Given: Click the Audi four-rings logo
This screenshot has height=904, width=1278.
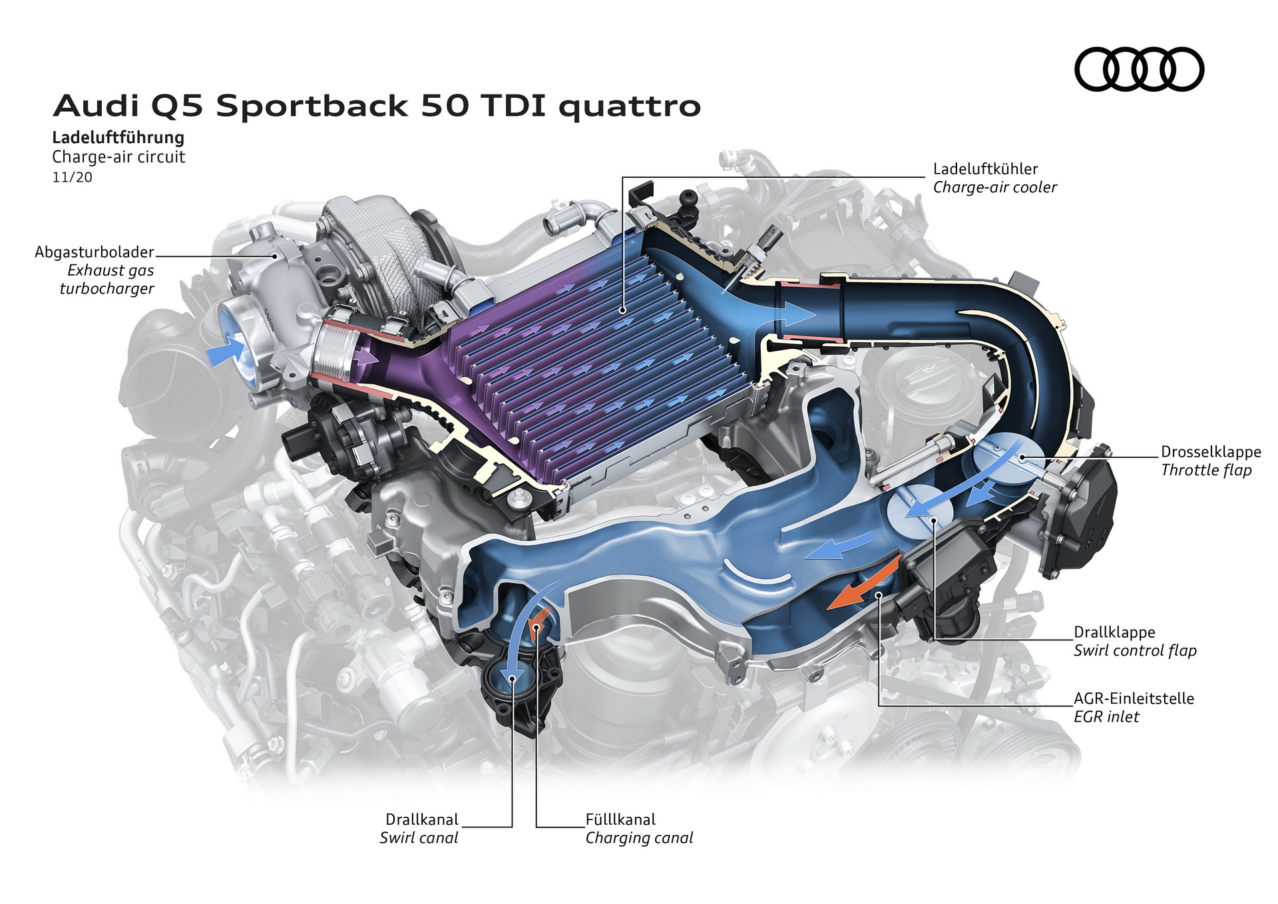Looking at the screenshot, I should pos(1139,69).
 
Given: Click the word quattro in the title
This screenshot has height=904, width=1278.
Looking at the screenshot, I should pos(629,107).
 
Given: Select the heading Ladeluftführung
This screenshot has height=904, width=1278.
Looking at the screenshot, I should pos(118,138).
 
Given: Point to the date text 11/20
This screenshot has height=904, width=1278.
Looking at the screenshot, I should pos(73,177).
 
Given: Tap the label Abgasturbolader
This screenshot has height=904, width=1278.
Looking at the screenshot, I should pos(95,252).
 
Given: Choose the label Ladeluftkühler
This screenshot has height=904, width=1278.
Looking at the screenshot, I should pos(985,169).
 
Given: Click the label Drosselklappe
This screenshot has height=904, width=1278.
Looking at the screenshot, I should pos(1211,452).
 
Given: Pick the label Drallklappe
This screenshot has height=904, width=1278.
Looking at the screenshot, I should pos(1114,632).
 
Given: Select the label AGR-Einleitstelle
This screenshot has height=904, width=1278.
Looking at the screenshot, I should pos(1134,698).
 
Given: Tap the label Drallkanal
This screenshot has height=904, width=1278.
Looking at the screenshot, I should pos(422,819).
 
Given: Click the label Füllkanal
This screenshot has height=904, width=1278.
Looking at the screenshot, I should pos(620,819).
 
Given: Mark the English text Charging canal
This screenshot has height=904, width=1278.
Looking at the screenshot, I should pos(639,838).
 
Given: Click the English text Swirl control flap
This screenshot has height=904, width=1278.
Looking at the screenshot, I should pos(1135,650).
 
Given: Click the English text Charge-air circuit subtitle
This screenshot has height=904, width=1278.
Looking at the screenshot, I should pos(118,157).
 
